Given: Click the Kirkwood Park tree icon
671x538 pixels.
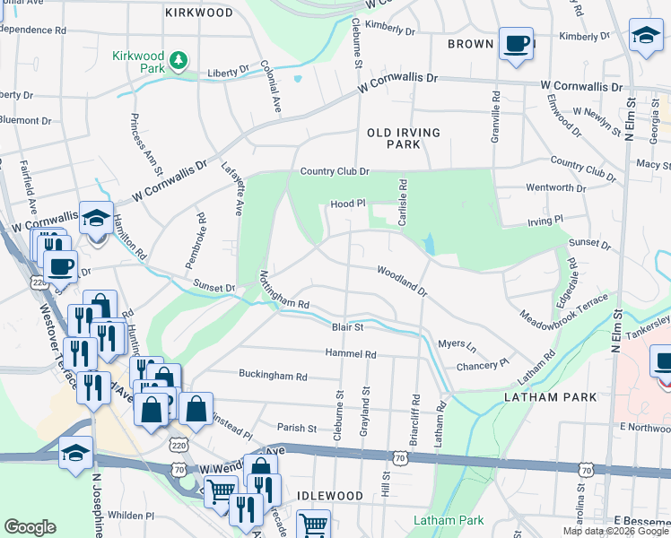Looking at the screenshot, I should [180, 59].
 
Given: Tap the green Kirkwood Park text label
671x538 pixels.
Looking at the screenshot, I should [139, 62].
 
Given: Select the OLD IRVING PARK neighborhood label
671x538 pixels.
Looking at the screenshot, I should [404, 138].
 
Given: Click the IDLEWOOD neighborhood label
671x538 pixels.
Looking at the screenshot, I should [330, 496].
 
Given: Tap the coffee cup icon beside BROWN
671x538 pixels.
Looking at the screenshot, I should [516, 44].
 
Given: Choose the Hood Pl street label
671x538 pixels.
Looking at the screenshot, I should [349, 204].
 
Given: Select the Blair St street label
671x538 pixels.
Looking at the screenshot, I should [346, 328].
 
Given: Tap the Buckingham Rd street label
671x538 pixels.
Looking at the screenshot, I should [273, 375].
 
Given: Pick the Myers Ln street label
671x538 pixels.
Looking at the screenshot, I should [457, 344].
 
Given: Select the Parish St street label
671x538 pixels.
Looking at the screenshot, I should [297, 429].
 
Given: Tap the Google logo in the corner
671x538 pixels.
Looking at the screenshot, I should [30, 527].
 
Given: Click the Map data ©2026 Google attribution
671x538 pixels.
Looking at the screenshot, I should [614, 531].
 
